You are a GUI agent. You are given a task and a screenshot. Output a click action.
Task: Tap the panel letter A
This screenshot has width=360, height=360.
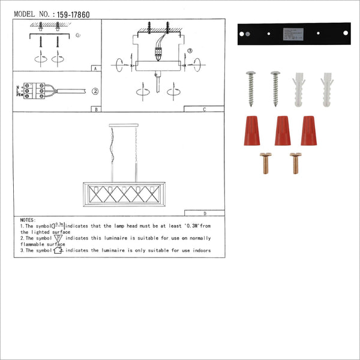(95, 69)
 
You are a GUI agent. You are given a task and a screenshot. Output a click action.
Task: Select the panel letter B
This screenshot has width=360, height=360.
(95, 109)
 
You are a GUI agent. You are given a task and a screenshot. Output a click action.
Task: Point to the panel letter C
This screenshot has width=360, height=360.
(204, 110)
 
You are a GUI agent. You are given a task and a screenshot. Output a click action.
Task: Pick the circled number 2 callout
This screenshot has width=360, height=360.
(95, 92)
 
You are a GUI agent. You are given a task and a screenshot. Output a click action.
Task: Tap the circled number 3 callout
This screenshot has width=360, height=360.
(190, 52)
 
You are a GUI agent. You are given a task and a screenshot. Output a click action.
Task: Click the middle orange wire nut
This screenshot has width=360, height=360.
(282, 131)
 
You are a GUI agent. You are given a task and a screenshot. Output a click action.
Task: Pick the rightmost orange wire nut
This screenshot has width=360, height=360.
(309, 130)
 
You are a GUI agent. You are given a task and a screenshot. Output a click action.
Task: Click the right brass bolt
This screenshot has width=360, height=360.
(295, 163)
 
